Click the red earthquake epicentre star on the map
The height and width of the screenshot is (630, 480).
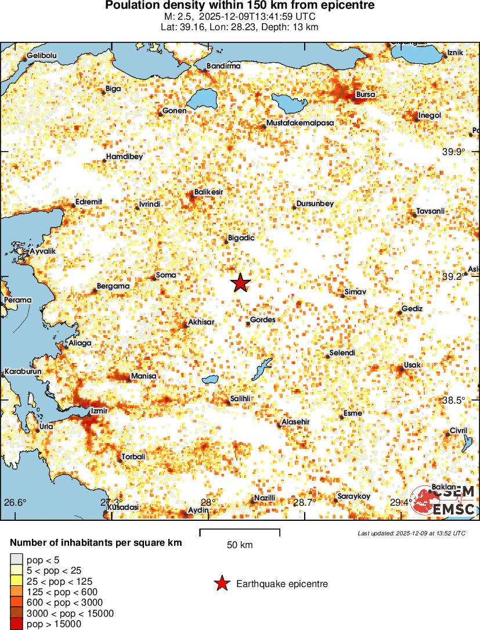click(x=240, y=283)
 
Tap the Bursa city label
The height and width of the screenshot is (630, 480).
click(x=365, y=94)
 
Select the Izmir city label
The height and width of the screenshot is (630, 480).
click(x=100, y=411)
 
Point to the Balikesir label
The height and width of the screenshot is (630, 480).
click(x=209, y=191)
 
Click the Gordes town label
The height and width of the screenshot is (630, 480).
click(x=262, y=319)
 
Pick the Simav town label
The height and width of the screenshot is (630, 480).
click(x=355, y=291)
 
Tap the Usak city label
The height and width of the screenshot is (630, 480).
click(x=412, y=365)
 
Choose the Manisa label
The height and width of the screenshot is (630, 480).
click(x=143, y=376)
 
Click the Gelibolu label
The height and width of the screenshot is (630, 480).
click(x=42, y=56)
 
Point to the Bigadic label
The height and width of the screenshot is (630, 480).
click(x=241, y=237)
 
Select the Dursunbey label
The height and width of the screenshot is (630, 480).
click(x=315, y=204)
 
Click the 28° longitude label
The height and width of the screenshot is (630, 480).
click(x=208, y=502)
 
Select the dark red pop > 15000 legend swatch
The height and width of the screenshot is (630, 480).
click(x=16, y=624)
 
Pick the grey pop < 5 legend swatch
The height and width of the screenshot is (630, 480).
click(x=16, y=559)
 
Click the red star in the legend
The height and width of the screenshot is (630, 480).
click(x=221, y=584)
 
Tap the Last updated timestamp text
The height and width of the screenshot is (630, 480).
click(x=411, y=533)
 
